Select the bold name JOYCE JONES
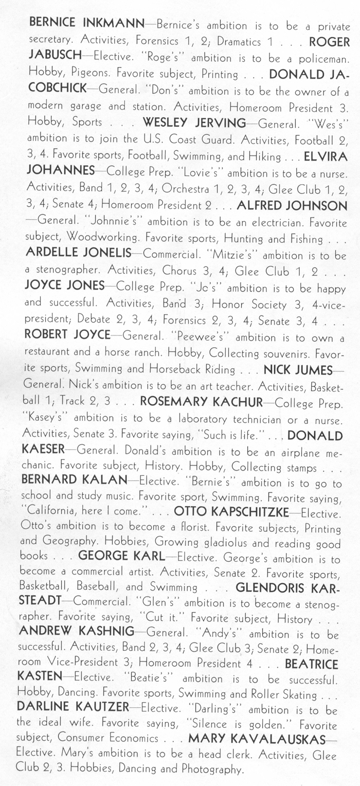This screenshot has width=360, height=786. [64, 287]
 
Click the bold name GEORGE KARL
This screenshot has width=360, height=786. [121, 557]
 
